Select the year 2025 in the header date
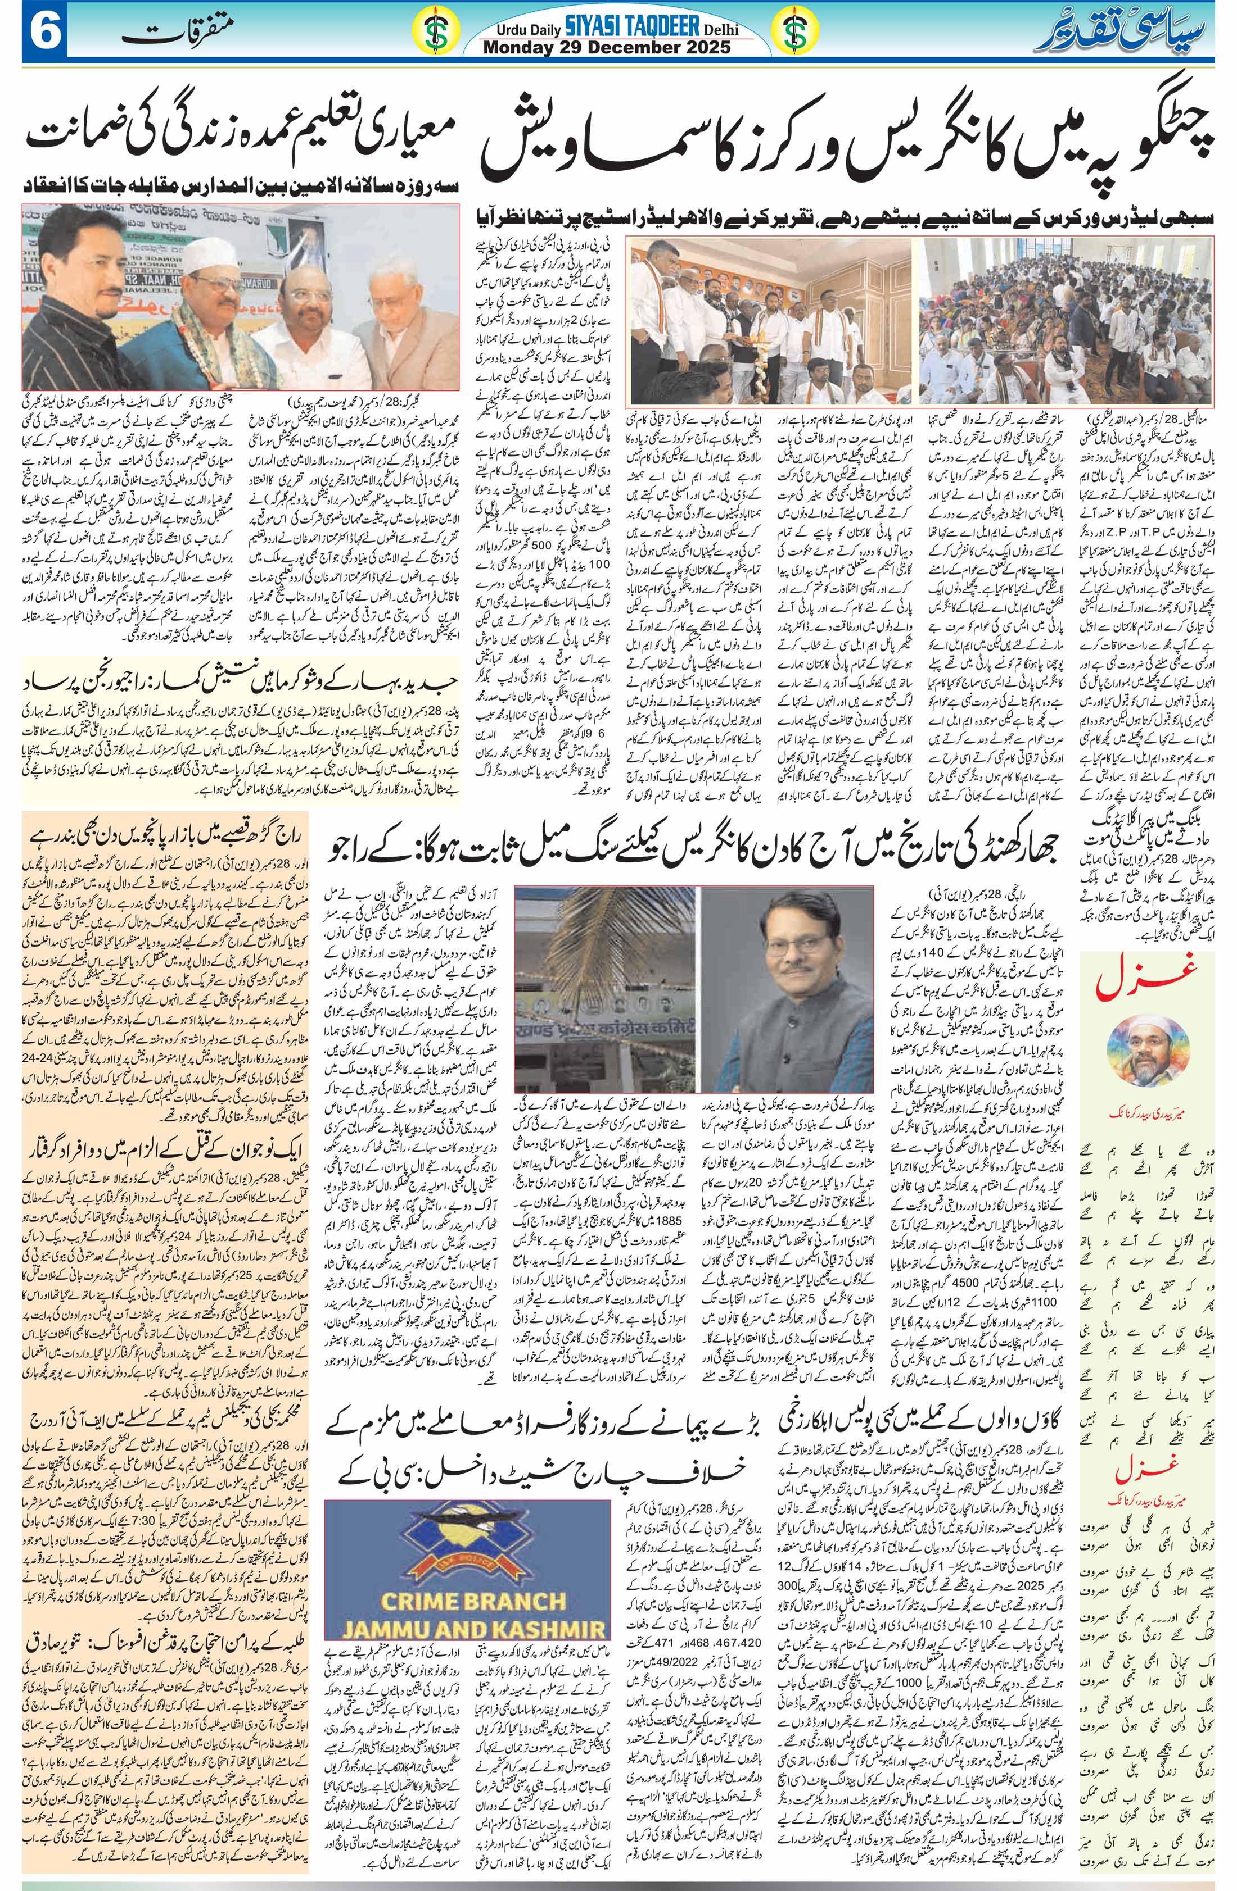(x=703, y=48)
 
